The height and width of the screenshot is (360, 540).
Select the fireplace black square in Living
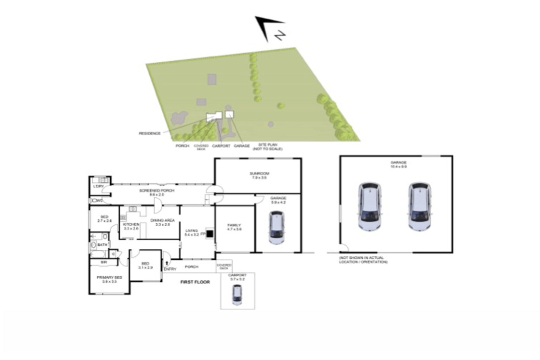[210, 233]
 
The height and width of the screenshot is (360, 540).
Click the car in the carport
[237, 295]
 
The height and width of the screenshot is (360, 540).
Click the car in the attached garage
[277, 227]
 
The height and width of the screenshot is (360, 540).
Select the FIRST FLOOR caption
[195, 282]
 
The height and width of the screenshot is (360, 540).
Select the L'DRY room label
[98, 186]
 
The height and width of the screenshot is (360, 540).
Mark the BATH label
[102, 245]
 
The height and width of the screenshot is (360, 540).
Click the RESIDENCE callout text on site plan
[150, 133]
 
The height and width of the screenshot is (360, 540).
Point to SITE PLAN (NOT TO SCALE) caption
[268, 146]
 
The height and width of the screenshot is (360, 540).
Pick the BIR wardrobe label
[104, 262]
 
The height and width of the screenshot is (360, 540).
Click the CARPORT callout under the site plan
[221, 146]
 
